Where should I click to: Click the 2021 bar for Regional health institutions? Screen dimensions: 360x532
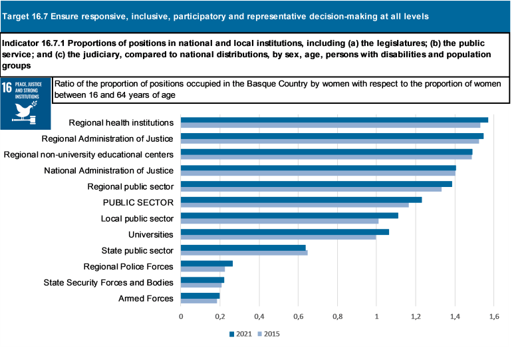[334, 120]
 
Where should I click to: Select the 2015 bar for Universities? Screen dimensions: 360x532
[278, 237]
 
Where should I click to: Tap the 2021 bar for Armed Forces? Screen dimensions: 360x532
[200, 295]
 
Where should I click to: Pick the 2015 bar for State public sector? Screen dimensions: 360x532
[244, 253]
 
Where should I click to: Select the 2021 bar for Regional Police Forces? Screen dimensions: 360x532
[207, 264]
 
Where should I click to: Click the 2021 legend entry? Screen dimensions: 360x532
[241, 334]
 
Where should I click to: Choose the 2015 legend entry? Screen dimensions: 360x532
[268, 334]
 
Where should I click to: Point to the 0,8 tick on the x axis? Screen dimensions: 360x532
[338, 316]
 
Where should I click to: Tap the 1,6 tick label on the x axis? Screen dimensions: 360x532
[494, 316]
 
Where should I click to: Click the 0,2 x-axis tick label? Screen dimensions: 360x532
[220, 316]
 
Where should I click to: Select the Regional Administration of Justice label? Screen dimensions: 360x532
[107, 138]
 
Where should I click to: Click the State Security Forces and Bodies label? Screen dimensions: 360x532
[108, 282]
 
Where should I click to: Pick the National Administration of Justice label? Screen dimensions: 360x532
[108, 170]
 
